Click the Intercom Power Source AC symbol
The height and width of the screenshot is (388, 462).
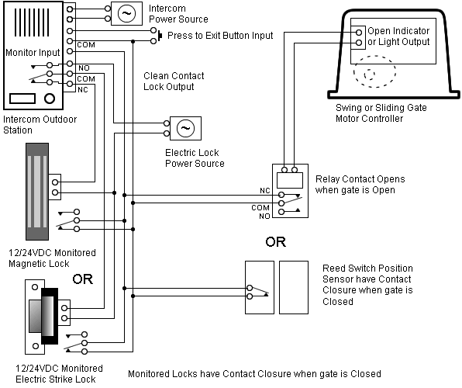(125, 12)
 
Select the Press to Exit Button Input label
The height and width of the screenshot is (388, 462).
(220, 36)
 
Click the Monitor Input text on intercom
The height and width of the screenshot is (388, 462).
(33, 53)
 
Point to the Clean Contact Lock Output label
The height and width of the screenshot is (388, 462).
(174, 81)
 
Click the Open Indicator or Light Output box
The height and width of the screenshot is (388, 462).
(398, 36)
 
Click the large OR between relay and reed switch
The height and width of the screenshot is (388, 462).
(275, 242)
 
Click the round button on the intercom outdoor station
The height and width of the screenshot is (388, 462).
(51, 99)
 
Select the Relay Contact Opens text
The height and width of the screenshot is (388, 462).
(360, 185)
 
